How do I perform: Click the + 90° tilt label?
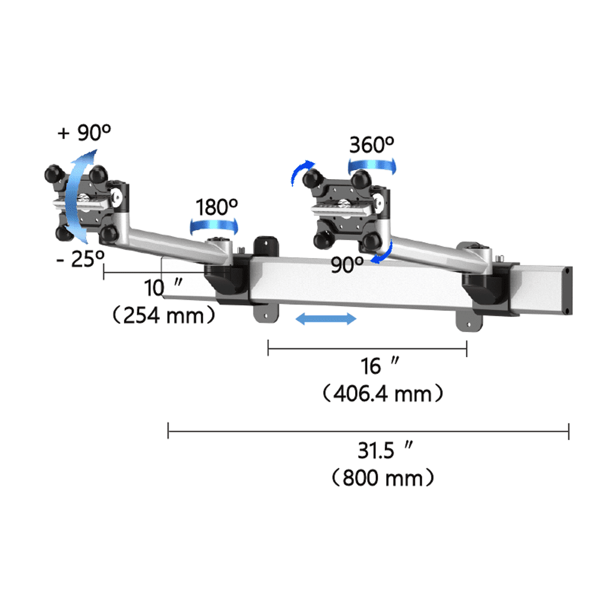pos(84,132)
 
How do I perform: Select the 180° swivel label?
pos(217,207)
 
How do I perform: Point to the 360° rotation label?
pos(371,145)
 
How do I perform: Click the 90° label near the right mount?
pos(347,265)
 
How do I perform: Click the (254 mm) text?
pos(163,315)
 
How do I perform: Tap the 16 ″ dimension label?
pos(380,366)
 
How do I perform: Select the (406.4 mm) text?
pos(382,394)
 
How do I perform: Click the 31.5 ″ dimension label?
pos(385,450)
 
